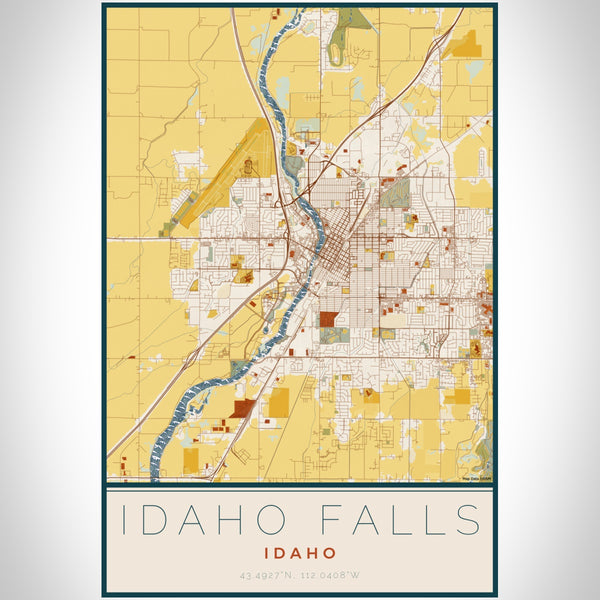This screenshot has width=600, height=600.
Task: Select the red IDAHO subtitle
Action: click(300, 552)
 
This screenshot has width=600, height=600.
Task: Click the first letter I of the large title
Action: click(124, 521)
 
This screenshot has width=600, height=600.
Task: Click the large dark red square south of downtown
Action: click(329, 320)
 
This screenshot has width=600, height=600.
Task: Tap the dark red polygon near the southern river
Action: click(242, 408)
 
